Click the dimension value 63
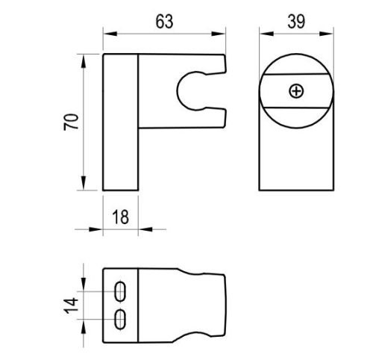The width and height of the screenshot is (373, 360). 165,21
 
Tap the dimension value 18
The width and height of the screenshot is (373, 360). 122,217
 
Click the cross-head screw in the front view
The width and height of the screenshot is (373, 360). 298,91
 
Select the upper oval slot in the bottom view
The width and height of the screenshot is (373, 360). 120,289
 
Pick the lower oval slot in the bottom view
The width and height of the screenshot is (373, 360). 120,318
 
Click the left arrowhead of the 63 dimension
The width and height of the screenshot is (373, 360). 107,33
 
